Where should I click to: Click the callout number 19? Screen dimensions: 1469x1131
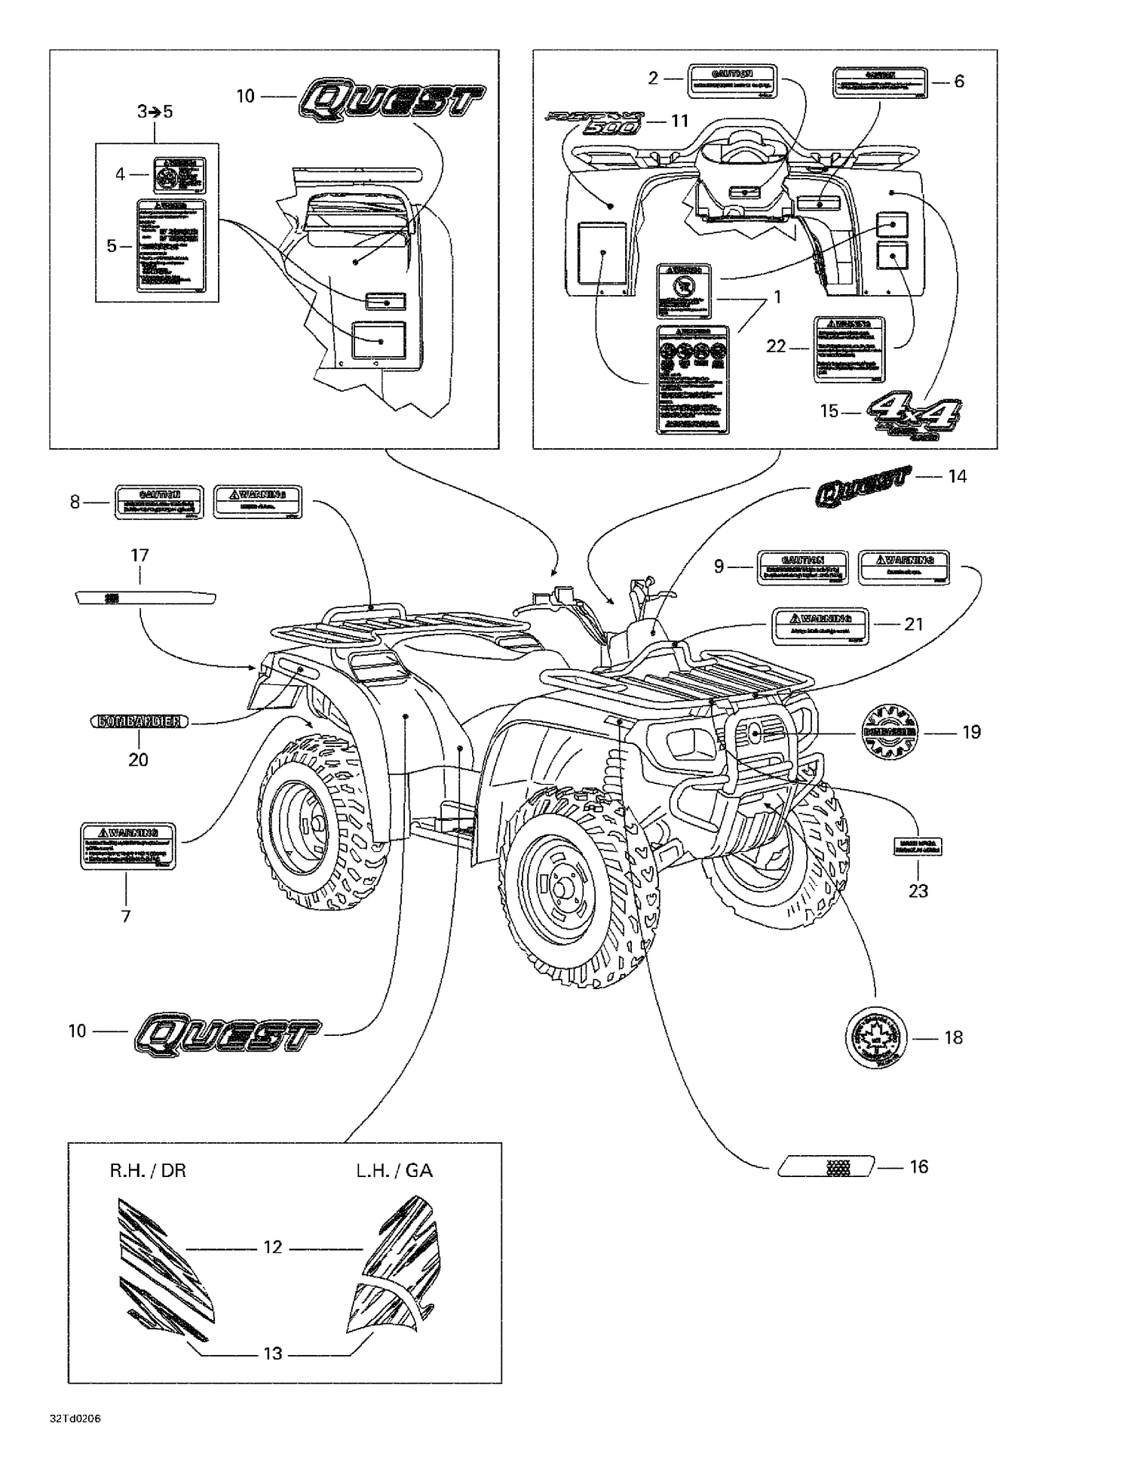(x=971, y=732)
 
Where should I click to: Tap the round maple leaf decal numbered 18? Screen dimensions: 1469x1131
(x=875, y=1037)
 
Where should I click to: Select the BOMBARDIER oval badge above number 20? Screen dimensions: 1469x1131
(x=139, y=721)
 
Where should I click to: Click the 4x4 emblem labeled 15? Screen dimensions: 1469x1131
(x=915, y=417)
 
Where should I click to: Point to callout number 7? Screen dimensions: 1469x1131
(x=126, y=916)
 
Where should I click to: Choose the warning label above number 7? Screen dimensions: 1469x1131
(x=128, y=846)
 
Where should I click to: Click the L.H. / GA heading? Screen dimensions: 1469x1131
(x=394, y=1170)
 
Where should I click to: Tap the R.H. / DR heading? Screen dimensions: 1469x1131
(x=148, y=1170)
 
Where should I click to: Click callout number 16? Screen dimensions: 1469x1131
(x=918, y=1166)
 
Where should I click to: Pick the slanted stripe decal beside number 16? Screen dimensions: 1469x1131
(x=827, y=1166)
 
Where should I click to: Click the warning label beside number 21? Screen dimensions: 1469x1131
(x=820, y=625)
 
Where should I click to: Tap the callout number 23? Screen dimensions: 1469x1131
(x=918, y=891)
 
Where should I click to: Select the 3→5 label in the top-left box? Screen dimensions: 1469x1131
(x=155, y=112)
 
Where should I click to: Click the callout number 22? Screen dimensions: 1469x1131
(x=776, y=346)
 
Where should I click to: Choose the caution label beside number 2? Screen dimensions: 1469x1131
(x=732, y=81)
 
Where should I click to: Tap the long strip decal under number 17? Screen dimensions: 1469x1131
(x=146, y=598)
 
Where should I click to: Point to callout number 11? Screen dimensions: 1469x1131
(x=680, y=121)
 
